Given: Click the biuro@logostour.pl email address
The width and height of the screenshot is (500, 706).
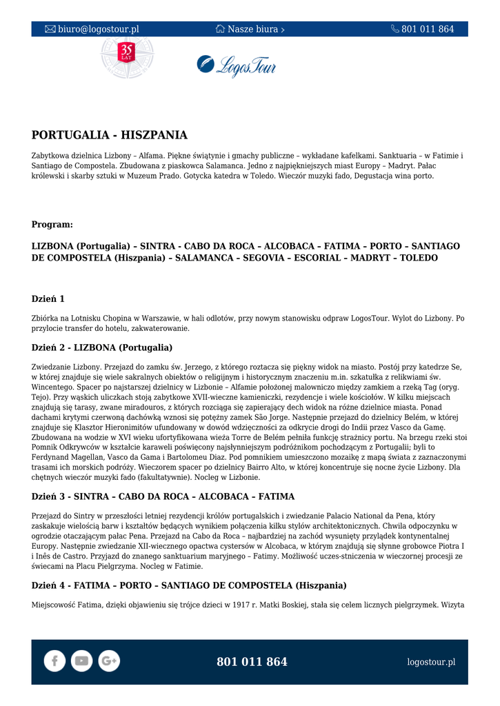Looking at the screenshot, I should pos(98,30).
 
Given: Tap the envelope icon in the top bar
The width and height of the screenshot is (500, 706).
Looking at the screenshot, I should pos(50,30).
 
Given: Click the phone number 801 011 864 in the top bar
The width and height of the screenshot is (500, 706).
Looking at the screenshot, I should pos(428,30).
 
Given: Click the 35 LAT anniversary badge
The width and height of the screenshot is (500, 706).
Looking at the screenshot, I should pos(126,54).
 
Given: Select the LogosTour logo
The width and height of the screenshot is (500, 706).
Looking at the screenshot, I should pos(237,65).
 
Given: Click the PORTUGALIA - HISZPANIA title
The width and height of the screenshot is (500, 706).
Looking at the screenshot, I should pos(110,135).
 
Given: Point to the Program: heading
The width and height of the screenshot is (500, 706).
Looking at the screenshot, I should pos(52,225).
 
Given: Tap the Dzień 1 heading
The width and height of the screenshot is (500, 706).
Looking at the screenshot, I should pos(48,299).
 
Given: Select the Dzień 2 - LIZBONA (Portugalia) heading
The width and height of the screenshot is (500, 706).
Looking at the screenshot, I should pos(102,347).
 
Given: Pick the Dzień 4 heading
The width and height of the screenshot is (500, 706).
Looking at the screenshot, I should pos(189,586).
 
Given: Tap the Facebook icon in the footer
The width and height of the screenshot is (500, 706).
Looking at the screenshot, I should pos(54,661).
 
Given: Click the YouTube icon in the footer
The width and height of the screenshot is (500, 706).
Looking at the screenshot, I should pos(81,661).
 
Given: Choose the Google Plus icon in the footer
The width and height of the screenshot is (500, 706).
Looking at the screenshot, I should pos(109,661).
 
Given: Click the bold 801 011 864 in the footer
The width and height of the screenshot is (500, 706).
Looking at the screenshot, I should pos(252,662).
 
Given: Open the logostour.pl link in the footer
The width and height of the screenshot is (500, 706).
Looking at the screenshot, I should pos(431,662).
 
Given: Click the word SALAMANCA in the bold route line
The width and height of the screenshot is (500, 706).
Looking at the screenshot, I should pos(205,258).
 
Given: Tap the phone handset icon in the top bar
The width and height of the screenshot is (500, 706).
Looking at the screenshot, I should pos(395,30).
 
